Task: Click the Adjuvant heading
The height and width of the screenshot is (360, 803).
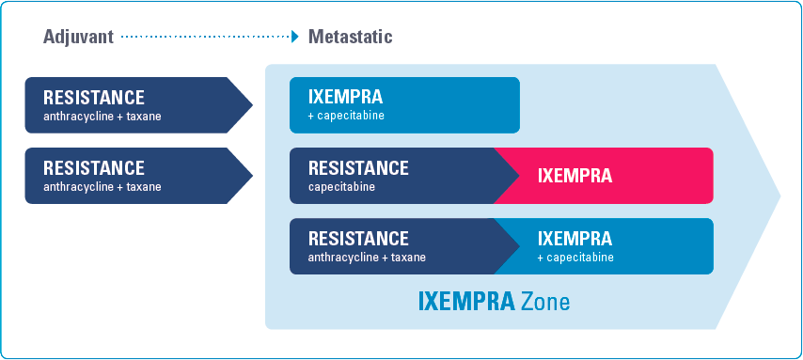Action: click(78, 37)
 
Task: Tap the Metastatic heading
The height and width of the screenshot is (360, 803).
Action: click(351, 37)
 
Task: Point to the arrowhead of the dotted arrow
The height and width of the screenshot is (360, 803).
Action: click(295, 37)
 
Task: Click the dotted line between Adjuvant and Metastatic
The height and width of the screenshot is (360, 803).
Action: click(206, 37)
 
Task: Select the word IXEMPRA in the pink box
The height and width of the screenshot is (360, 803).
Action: click(575, 176)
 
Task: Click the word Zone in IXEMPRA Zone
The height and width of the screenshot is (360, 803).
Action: click(545, 301)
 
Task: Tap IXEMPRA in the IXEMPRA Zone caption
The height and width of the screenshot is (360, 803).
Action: click(466, 301)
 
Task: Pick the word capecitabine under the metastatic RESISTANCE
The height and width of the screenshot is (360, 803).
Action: click(341, 187)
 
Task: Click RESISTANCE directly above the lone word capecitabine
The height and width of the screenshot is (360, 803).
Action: click(358, 168)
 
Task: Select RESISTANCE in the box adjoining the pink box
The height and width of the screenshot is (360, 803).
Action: click(358, 168)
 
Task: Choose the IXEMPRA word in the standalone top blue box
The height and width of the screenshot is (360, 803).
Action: click(345, 97)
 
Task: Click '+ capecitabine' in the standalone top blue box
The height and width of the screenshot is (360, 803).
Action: click(346, 117)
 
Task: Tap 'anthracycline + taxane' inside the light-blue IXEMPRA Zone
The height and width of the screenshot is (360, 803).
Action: click(367, 257)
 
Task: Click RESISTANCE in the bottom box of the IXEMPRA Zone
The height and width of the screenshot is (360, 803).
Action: click(358, 239)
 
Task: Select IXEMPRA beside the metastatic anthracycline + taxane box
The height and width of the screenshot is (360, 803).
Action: click(575, 239)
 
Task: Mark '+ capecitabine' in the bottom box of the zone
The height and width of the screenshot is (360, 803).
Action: click(575, 257)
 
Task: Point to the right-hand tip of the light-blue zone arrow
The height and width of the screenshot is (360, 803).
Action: click(780, 196)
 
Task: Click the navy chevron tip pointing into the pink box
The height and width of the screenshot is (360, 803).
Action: click(519, 176)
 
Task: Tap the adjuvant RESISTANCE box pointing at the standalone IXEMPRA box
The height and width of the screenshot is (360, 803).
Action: click(138, 105)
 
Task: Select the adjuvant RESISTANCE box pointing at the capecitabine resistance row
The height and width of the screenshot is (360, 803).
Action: click(138, 176)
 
